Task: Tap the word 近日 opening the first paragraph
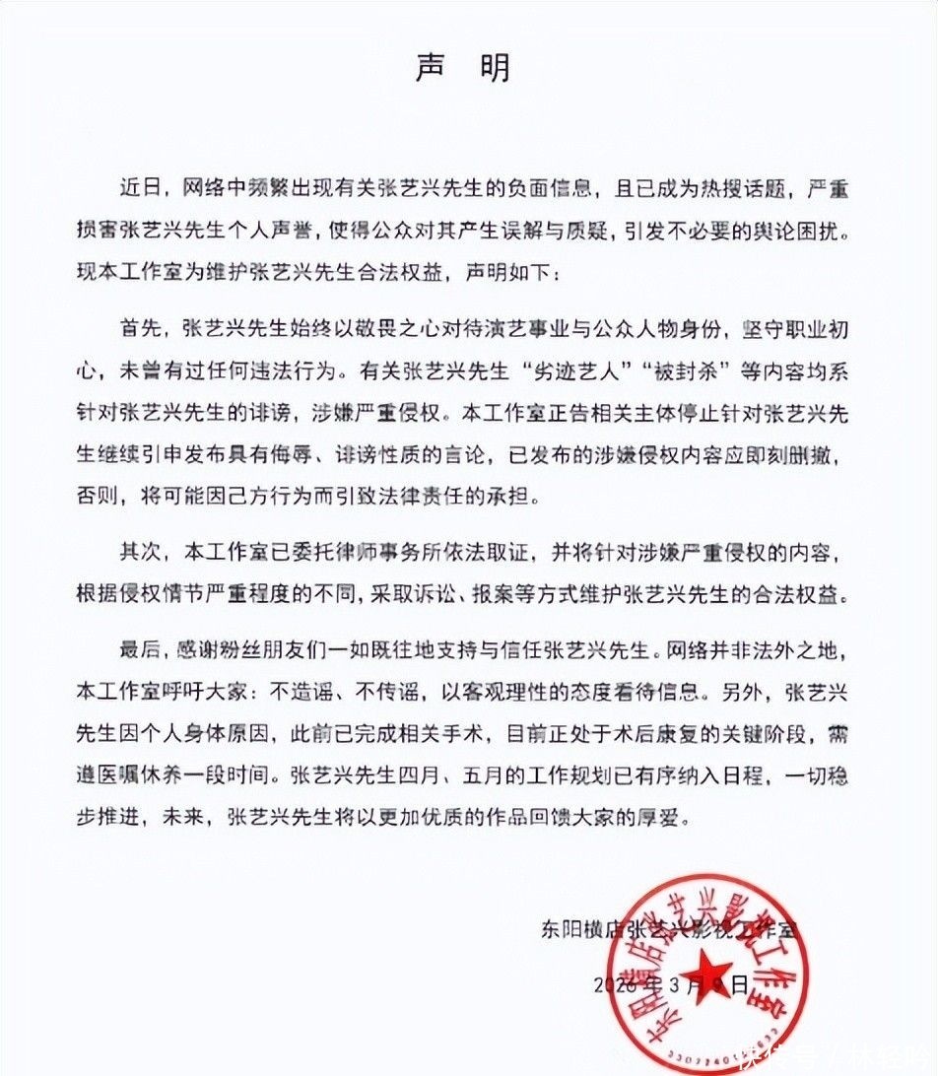click(139, 185)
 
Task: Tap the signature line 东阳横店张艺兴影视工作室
click(669, 928)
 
